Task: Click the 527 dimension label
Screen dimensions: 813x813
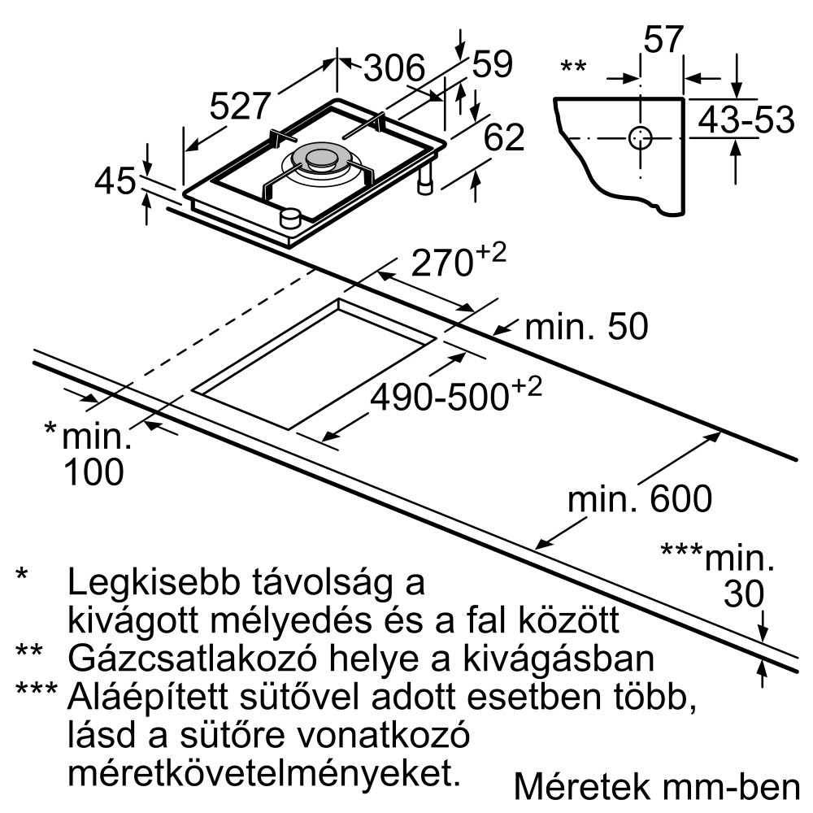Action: pos(240,106)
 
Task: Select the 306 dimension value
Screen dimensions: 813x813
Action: pos(394,67)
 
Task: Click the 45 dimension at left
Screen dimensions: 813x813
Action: pos(115,181)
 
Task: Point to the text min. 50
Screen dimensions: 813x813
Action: pos(586,327)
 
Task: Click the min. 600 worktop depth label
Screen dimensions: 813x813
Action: pos(640,498)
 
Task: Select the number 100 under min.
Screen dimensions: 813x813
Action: pos(93,472)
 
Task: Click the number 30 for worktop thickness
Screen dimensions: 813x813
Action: pos(744,593)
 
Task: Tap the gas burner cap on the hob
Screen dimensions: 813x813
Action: pos(322,158)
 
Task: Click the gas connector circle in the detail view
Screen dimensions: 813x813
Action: pos(641,138)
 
